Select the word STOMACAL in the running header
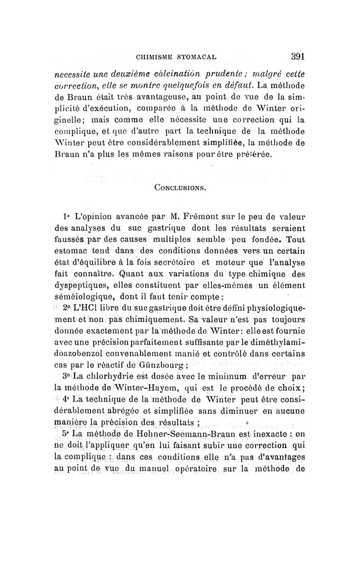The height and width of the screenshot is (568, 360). click(198, 58)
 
